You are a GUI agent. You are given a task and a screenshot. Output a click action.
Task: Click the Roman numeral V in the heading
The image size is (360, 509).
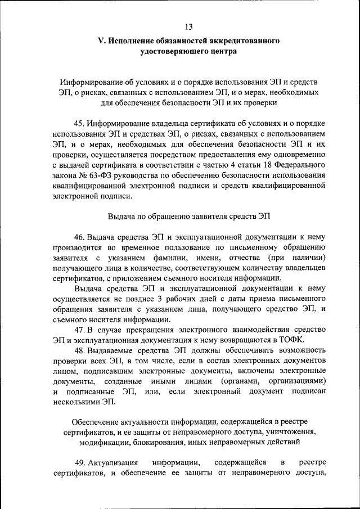pyautogui.click(x=101, y=41)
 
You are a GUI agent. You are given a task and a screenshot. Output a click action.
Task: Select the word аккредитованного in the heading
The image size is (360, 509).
pyautogui.click(x=246, y=41)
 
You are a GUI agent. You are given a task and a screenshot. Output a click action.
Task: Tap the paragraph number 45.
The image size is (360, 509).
pyautogui.click(x=79, y=123)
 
